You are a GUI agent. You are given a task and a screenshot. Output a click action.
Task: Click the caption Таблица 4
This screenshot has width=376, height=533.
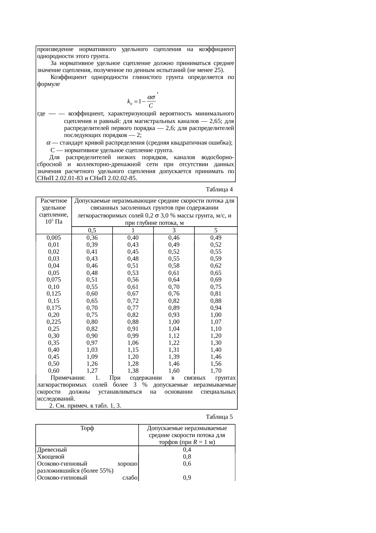[x=219, y=190]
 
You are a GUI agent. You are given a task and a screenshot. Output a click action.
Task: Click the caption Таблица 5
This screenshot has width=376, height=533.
[x=219, y=416]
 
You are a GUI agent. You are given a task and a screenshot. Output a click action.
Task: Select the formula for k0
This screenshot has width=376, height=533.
[x=141, y=101]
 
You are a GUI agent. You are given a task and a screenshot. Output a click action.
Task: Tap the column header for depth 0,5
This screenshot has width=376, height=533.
[x=92, y=231]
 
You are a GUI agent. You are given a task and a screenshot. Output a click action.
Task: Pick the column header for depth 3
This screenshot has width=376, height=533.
[x=174, y=231]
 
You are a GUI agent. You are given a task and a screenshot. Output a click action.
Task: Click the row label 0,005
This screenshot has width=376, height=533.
[x=54, y=238]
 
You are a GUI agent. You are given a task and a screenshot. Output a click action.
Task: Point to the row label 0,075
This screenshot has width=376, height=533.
[x=54, y=280]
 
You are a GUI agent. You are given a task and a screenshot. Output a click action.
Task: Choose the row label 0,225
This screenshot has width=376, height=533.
[x=54, y=322]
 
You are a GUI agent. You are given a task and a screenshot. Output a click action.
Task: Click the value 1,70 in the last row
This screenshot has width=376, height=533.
[x=216, y=371]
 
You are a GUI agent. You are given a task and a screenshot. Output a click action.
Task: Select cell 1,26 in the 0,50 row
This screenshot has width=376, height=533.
[x=92, y=364]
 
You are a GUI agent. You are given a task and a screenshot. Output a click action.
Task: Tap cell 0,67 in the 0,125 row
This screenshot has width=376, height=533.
[x=133, y=294]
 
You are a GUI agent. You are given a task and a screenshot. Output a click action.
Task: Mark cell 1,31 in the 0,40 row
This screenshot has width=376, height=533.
[x=174, y=350]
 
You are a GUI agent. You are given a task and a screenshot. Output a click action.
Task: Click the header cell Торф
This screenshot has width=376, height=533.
[x=87, y=429]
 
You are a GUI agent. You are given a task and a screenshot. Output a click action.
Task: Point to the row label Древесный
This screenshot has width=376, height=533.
[x=52, y=450]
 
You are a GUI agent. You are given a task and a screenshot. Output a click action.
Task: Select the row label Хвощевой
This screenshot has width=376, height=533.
[x=50, y=457]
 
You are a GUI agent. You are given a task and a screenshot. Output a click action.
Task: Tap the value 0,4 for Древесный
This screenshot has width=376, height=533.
[x=187, y=450]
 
